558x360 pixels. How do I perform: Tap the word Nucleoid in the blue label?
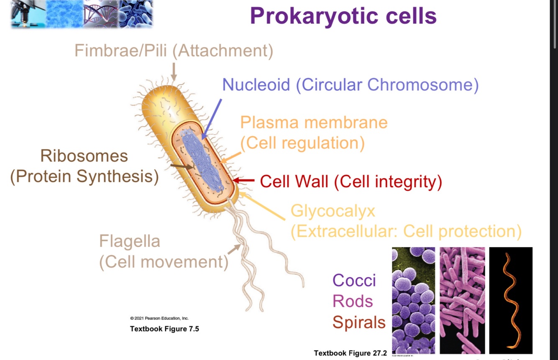click(256, 85)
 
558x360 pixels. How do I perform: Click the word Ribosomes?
click(84, 156)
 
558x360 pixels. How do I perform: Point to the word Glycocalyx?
click(333, 211)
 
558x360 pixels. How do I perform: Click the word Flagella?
click(130, 241)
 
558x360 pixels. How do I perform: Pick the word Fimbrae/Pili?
click(120, 51)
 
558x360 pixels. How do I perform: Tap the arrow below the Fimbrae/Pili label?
click(174, 71)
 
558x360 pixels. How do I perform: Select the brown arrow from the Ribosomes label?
click(182, 166)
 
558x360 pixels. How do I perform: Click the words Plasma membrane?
click(314, 123)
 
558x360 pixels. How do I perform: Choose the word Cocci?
click(354, 281)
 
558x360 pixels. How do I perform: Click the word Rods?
click(353, 301)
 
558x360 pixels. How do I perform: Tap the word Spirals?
click(359, 322)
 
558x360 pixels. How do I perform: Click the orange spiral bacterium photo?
click(511, 300)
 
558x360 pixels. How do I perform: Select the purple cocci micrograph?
click(413, 300)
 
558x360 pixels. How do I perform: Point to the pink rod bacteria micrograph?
click(462, 300)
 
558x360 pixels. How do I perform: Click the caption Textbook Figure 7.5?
click(164, 329)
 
